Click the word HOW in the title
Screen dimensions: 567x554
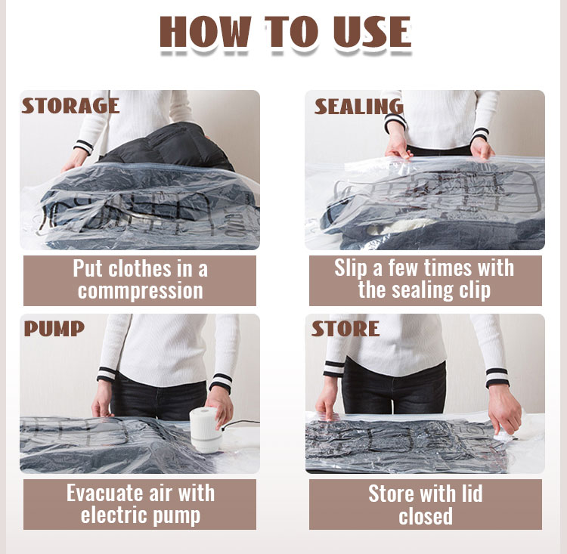(205, 32)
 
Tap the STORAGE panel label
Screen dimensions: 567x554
(70, 106)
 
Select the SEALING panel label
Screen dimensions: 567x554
(358, 107)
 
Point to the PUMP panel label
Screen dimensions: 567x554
(54, 329)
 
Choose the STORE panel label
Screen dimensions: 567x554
(345, 329)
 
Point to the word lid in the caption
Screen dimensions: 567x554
(471, 493)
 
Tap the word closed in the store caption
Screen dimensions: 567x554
(426, 515)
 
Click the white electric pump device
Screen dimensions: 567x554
(205, 430)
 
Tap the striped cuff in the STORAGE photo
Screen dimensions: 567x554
(83, 147)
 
